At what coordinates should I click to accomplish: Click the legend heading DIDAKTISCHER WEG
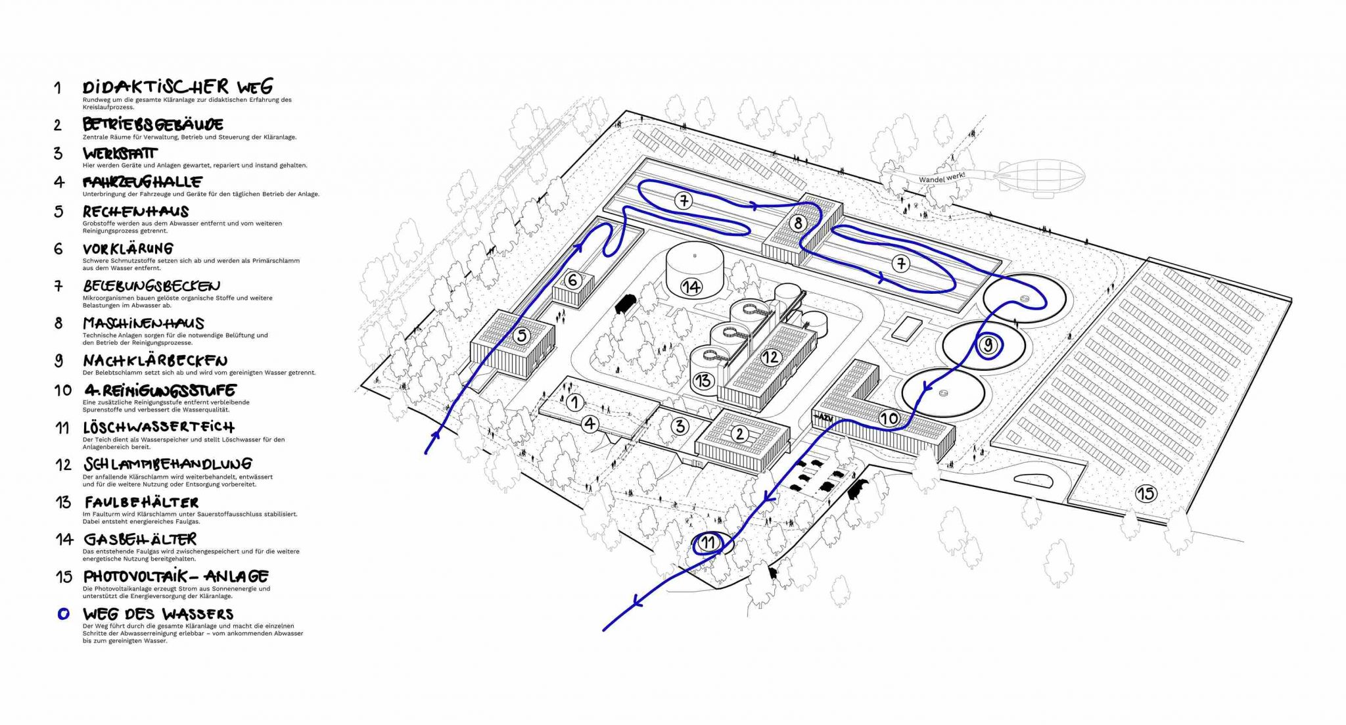click(177, 87)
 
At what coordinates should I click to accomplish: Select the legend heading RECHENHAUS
click(136, 212)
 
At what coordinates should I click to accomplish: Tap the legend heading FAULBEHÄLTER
click(141, 503)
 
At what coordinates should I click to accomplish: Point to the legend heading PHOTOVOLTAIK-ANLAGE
click(176, 576)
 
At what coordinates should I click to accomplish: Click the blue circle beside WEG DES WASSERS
click(63, 614)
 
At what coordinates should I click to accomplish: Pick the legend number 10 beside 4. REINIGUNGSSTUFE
click(63, 390)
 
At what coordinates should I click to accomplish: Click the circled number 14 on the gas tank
click(691, 287)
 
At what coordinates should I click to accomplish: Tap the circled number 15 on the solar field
click(1146, 493)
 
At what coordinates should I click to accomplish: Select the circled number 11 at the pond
click(707, 543)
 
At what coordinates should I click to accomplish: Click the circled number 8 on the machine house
click(798, 223)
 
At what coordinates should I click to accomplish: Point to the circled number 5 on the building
click(522, 336)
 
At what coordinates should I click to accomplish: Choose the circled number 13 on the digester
click(703, 380)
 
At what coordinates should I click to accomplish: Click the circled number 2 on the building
click(740, 434)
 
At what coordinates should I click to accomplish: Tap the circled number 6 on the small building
click(572, 281)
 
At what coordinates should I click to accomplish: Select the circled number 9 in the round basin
click(987, 344)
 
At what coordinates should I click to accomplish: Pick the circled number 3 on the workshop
click(680, 426)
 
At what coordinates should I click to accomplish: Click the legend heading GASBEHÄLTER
click(140, 540)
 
